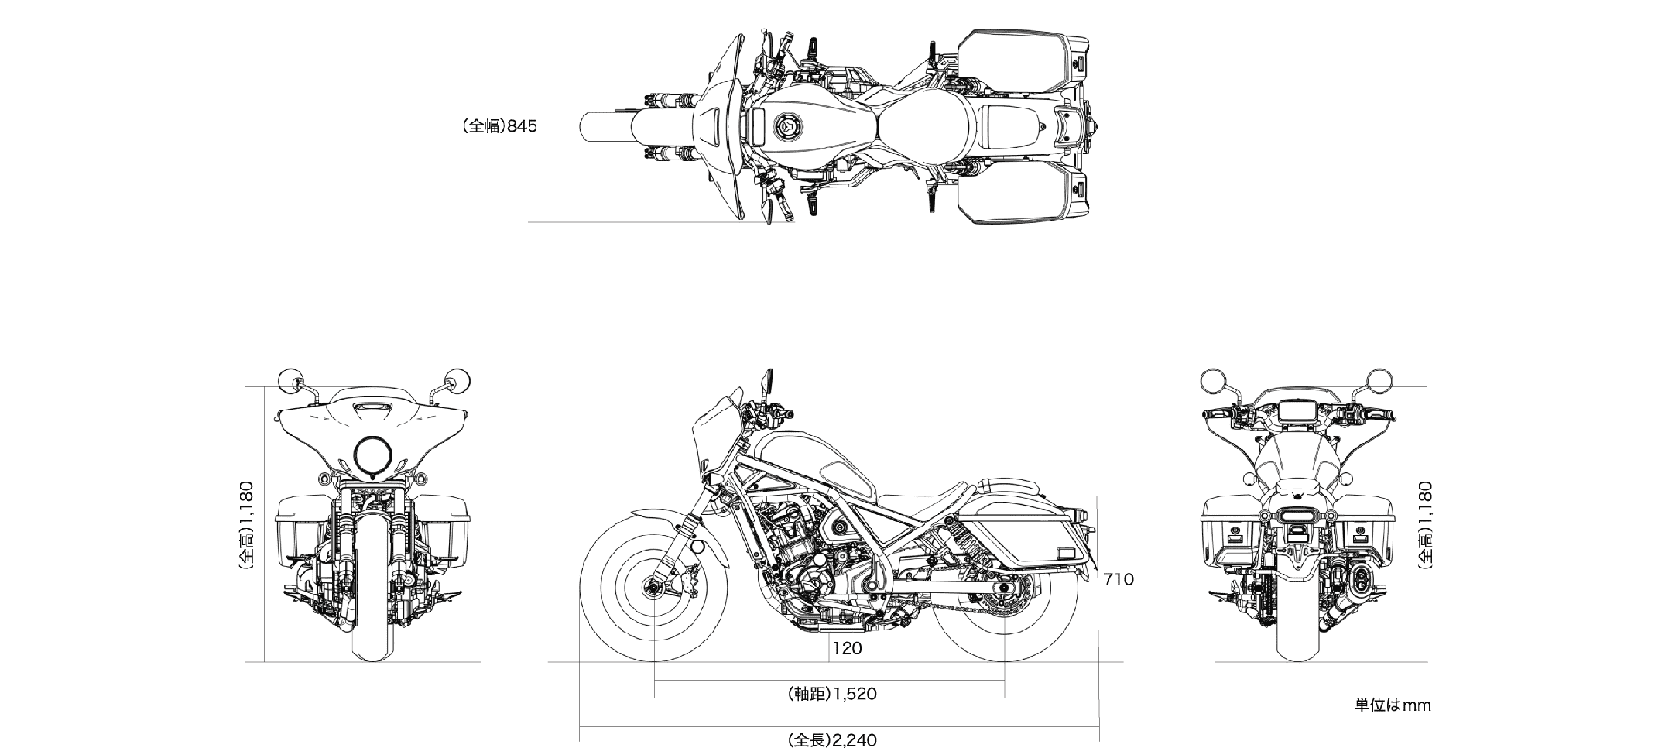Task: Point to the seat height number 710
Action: click(x=1119, y=578)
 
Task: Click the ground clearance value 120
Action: click(x=847, y=648)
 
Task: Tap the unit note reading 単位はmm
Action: click(x=1392, y=705)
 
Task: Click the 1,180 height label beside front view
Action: click(x=247, y=526)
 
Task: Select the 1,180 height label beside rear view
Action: click(x=1425, y=526)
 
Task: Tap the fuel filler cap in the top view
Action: click(x=786, y=125)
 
